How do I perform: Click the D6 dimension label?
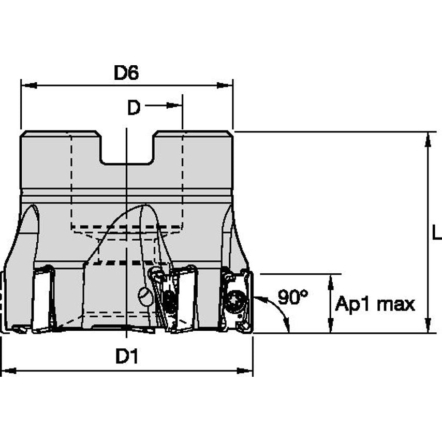point(126,72)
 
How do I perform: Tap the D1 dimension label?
point(127,356)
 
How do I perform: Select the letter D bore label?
point(134,108)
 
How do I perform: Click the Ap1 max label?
point(375,304)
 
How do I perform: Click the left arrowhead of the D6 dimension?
point(29,85)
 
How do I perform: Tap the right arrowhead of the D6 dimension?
point(225,85)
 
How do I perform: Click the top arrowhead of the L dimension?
point(428,139)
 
